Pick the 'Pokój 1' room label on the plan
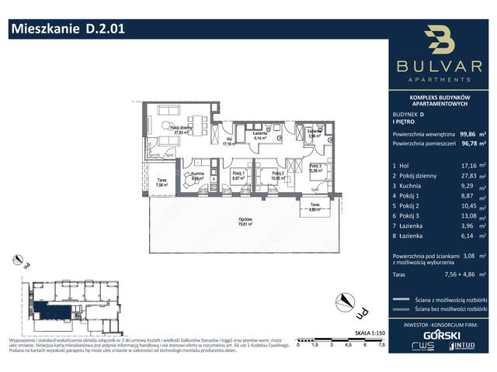tap(238, 175)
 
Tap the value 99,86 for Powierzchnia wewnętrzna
tap(467, 133)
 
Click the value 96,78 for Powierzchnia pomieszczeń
tap(467, 143)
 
